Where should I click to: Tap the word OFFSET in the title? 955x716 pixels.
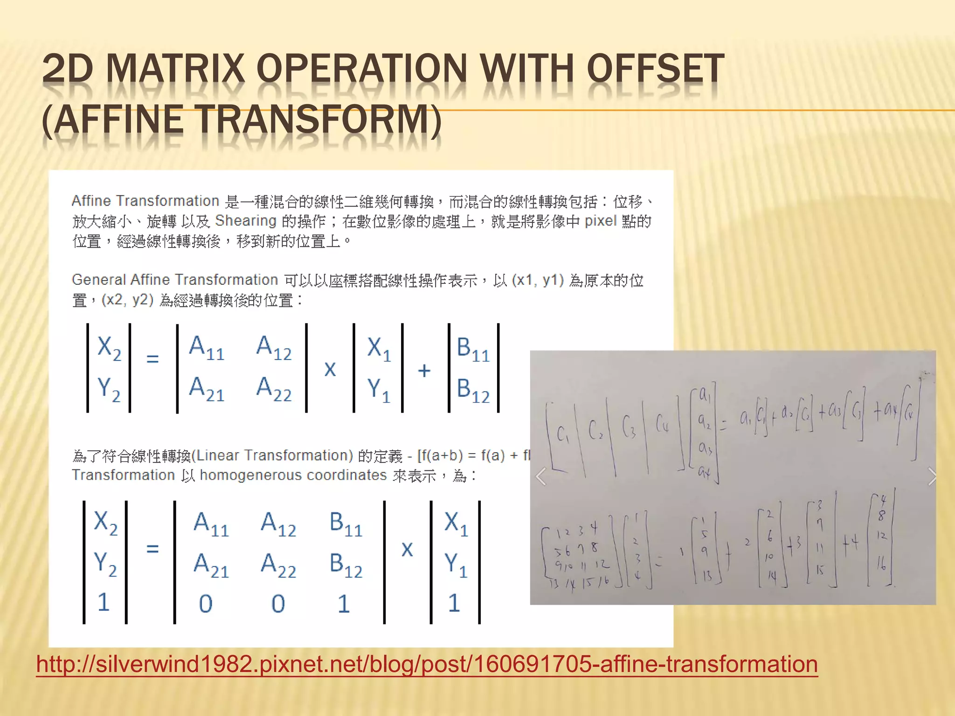click(655, 69)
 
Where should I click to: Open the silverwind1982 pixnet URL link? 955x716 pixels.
click(427, 664)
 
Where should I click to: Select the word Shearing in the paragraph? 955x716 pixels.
click(246, 220)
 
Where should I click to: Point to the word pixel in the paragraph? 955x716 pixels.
click(601, 220)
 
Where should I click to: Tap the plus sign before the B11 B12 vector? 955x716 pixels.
click(424, 371)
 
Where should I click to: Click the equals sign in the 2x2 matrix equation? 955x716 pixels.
click(152, 358)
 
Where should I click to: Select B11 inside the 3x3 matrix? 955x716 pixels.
click(346, 523)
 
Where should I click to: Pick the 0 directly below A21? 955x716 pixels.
click(206, 604)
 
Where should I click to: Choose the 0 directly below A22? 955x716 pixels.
click(278, 604)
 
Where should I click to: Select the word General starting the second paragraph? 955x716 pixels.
click(99, 280)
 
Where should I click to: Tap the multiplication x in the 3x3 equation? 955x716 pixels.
click(407, 549)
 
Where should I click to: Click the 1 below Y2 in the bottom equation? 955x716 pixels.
click(104, 602)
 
